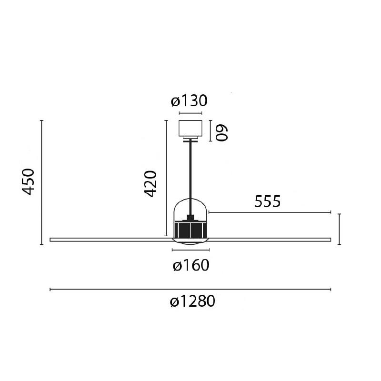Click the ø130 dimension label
tap(189, 101)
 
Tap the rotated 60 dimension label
tap(222, 133)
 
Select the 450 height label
tap(28, 182)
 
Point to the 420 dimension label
tap(150, 184)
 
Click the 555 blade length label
tap(267, 201)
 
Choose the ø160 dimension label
tap(191, 265)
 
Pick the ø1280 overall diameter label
tap(192, 301)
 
